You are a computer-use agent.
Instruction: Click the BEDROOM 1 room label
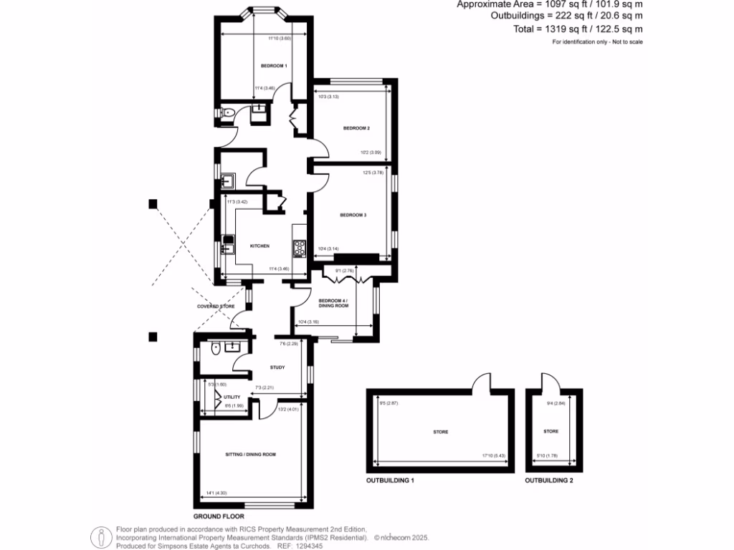click(274, 66)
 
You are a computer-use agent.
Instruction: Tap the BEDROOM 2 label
click(356, 128)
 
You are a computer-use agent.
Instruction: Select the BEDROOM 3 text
click(353, 215)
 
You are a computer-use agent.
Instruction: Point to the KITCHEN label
click(259, 246)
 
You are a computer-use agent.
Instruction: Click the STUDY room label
click(277, 367)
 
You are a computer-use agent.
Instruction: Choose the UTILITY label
click(232, 397)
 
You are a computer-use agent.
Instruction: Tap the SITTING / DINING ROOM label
click(251, 454)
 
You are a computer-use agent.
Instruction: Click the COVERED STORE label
click(216, 306)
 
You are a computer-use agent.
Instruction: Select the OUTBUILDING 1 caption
click(391, 481)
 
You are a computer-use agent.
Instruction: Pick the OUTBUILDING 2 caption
click(549, 481)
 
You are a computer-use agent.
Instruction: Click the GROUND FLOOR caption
click(219, 516)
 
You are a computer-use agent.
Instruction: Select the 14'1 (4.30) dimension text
click(216, 493)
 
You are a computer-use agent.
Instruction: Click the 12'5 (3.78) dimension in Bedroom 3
click(373, 172)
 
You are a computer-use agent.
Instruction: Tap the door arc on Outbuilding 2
click(548, 381)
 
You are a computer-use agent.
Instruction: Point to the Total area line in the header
click(567, 29)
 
